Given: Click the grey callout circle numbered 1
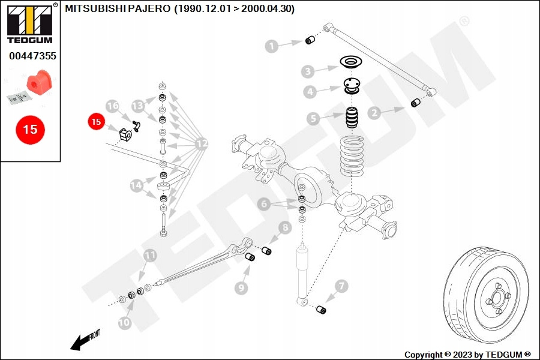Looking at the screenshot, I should pyautogui.click(x=272, y=46).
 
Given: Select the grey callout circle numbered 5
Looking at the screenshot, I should pyautogui.click(x=313, y=119).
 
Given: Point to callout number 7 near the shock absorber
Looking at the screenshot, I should pyautogui.click(x=341, y=286).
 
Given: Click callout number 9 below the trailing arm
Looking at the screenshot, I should pyautogui.click(x=241, y=288).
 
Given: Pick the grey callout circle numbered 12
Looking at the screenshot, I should pyautogui.click(x=202, y=143).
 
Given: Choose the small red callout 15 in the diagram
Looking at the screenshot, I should pyautogui.click(x=96, y=122).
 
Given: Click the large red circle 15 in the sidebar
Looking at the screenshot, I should pyautogui.click(x=30, y=130).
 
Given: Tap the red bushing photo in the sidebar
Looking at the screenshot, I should pyautogui.click(x=37, y=83).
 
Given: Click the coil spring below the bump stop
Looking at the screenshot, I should pyautogui.click(x=352, y=156).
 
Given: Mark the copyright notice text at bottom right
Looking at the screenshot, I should pyautogui.click(x=467, y=355).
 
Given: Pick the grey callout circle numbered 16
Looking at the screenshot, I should pyautogui.click(x=113, y=106).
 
